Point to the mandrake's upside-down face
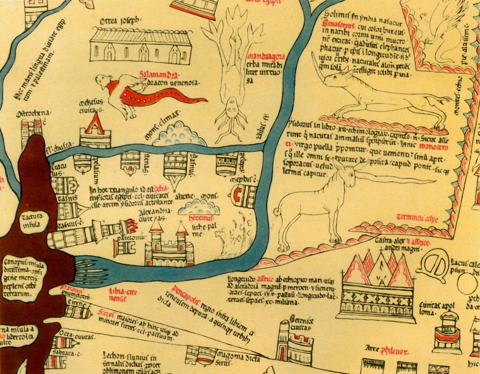[x=230, y=104]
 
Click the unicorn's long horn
[x=396, y=178]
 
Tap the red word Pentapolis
[x=186, y=290]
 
